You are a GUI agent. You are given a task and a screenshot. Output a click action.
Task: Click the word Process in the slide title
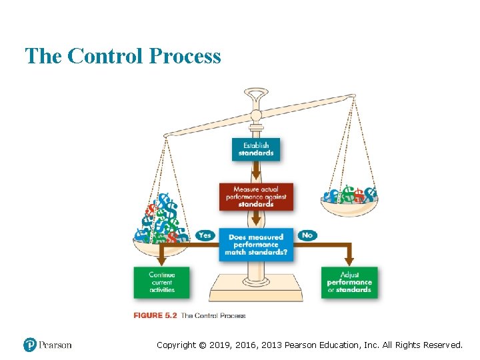tap(185, 56)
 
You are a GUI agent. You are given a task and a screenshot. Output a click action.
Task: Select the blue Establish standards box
tap(256, 149)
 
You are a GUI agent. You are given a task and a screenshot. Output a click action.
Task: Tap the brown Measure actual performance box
tap(256, 197)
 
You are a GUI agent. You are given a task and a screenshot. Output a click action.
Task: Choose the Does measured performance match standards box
tap(256, 245)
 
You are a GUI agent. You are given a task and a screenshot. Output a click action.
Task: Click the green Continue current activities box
tap(161, 282)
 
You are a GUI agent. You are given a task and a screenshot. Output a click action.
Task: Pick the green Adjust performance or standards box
tap(349, 282)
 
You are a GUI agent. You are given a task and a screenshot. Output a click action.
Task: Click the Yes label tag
tap(205, 235)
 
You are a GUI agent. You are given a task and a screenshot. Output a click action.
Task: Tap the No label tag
tap(307, 235)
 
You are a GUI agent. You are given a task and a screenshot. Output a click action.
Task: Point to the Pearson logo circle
tap(30, 345)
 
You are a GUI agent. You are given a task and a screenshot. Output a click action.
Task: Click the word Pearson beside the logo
tap(55, 345)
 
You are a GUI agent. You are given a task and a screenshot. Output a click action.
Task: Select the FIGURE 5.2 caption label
tap(155, 315)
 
